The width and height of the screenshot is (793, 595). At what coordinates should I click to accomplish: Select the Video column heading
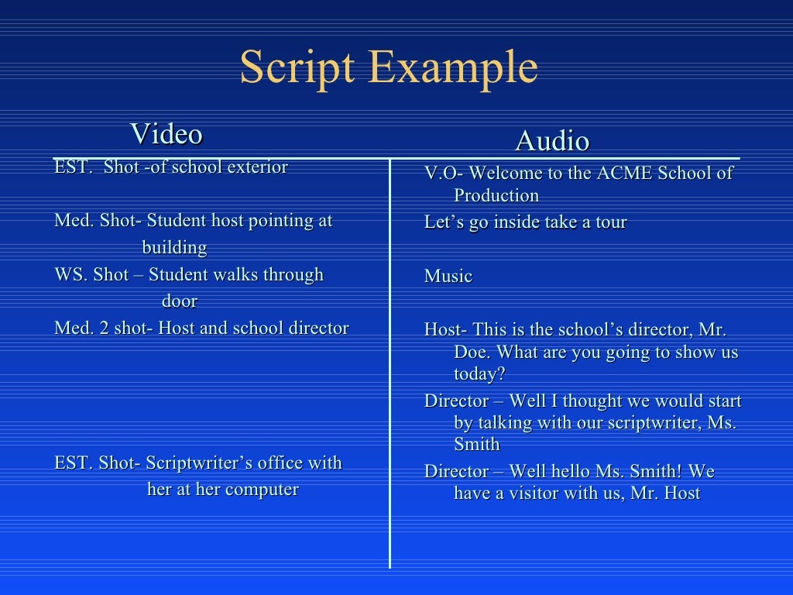(x=166, y=134)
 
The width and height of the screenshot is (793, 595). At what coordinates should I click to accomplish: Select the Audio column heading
(x=552, y=141)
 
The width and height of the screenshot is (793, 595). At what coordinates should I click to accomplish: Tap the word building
(x=174, y=248)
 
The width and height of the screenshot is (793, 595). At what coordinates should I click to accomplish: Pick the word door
(x=180, y=301)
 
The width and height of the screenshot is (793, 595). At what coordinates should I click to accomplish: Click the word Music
(x=448, y=277)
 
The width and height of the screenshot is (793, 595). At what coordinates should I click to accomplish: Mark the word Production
(x=496, y=195)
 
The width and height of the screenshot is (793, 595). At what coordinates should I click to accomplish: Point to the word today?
(x=479, y=373)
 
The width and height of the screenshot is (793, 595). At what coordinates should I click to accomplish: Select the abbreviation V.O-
(x=443, y=174)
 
